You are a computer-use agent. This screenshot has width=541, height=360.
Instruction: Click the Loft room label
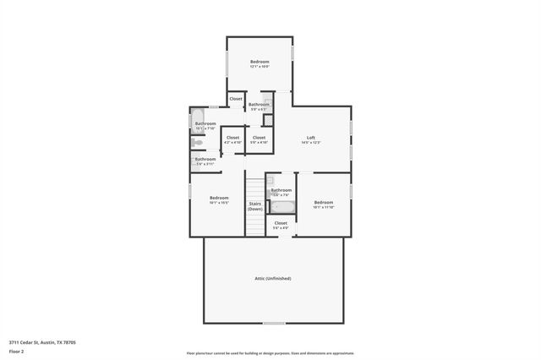(x=310, y=138)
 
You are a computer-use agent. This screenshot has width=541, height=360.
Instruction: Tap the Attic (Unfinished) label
(x=272, y=278)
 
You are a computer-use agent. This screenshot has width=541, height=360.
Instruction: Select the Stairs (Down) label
(x=254, y=205)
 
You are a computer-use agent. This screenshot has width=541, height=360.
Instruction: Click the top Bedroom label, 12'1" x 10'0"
(x=260, y=62)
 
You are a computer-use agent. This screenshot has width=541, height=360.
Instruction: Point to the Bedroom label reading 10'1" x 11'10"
(x=324, y=202)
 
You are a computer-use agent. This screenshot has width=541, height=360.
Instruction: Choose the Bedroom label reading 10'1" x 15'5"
(x=220, y=198)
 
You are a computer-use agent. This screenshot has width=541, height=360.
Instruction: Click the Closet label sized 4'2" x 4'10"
(x=232, y=137)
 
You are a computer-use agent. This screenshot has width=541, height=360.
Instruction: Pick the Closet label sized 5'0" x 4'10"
(x=259, y=137)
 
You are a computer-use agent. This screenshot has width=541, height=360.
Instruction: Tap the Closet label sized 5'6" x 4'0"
(x=281, y=223)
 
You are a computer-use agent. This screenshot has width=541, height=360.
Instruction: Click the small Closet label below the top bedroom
(x=236, y=99)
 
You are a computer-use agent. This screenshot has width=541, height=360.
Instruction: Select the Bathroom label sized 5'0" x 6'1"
(x=259, y=104)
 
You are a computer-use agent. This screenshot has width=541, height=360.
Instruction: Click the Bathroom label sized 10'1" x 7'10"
(x=205, y=123)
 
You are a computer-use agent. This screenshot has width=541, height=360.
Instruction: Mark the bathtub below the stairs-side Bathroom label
(x=281, y=207)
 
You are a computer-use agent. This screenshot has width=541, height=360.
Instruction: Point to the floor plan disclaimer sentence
(x=270, y=353)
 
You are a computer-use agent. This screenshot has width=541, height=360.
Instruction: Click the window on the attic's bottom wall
(x=273, y=323)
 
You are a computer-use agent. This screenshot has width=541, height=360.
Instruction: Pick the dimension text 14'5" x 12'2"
(x=310, y=143)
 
